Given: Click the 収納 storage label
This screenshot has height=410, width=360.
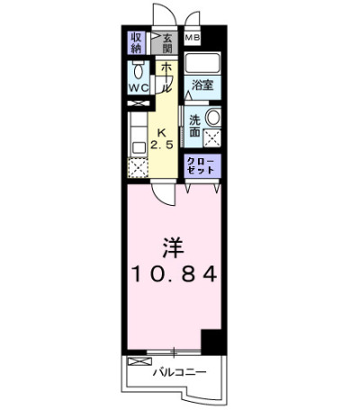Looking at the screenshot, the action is tap(136, 43).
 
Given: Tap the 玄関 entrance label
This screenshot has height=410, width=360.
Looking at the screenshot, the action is tap(167, 43).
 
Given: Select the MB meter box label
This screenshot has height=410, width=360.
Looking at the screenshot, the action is tap(193, 38).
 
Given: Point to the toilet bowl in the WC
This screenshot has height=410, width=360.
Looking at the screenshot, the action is tap(139, 71).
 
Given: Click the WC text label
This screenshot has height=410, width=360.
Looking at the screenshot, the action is tap(139, 88).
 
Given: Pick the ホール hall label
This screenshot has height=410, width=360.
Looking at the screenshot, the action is tap(166, 77).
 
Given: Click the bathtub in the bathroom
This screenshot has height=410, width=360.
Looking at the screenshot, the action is tap(202, 64).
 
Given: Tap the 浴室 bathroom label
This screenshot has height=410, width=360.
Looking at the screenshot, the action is tap(202, 85).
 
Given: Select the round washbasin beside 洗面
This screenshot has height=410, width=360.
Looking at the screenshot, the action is tap(213, 117).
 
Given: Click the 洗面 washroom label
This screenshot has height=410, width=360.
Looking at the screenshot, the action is tap(195, 126).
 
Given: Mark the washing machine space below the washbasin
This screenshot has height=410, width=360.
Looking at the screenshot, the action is tap(212, 138).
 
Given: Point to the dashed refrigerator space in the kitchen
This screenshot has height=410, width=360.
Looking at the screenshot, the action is tap(138, 168).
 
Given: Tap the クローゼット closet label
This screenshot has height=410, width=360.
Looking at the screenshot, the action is tap(201, 165).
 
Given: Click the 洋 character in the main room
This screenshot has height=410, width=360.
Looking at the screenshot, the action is tap(174, 248).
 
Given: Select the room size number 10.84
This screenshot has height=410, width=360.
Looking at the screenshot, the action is tap(174, 273).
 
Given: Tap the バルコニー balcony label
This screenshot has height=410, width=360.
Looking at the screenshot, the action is tap(180, 372).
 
